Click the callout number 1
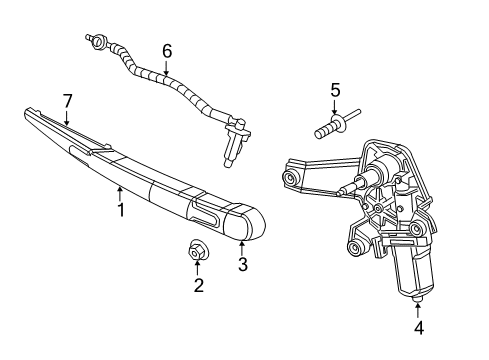coord(121,211)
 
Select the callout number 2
coord(198,286)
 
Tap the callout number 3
coord(241,265)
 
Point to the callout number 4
coord(419,327)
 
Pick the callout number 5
coord(335,91)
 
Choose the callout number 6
coord(167,50)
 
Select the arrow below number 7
coord(67,117)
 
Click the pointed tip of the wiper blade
coord(27,116)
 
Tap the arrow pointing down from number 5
coord(335,110)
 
